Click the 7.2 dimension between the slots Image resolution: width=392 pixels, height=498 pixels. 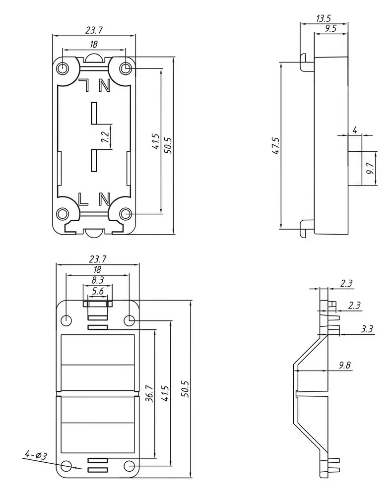[105, 137]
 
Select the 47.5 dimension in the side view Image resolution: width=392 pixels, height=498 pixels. [276, 146]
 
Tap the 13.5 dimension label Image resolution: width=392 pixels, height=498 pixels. [324, 18]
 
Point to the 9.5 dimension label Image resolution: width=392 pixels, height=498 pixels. [330, 29]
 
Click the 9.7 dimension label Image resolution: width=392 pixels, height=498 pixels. [370, 168]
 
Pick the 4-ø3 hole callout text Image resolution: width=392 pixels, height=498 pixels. [36, 455]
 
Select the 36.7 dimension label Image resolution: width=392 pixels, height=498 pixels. [149, 393]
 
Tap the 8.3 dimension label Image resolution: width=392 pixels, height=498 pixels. [98, 280]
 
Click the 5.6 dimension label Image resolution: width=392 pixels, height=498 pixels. [98, 291]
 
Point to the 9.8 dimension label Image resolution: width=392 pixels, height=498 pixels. [344, 365]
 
